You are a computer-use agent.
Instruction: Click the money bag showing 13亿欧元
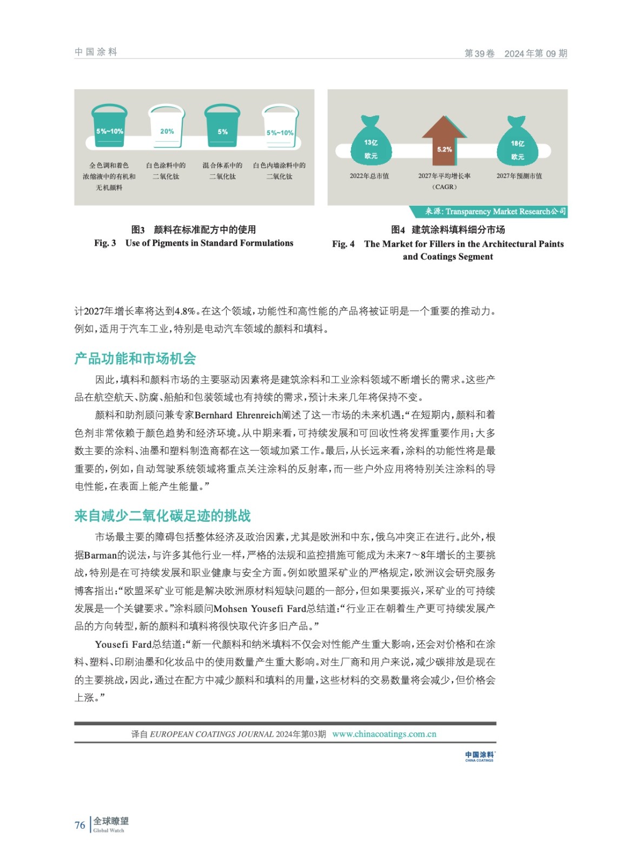(x=371, y=142)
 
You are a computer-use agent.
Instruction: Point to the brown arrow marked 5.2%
(x=445, y=142)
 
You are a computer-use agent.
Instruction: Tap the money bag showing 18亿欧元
(x=517, y=143)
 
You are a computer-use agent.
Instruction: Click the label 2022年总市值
(x=369, y=176)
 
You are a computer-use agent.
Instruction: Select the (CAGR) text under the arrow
(x=445, y=187)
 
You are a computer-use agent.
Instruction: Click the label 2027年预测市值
(x=519, y=176)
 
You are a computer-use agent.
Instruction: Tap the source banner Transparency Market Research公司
(x=495, y=212)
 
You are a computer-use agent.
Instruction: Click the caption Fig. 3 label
(x=105, y=243)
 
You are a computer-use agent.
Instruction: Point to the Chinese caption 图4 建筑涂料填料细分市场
(x=448, y=229)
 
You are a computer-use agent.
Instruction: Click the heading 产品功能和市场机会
(x=135, y=358)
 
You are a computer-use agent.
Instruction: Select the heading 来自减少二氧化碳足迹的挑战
(x=163, y=516)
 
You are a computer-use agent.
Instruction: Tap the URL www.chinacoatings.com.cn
(x=384, y=734)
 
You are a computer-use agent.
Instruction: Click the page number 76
(x=80, y=825)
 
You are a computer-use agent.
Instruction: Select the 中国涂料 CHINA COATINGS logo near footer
(x=479, y=756)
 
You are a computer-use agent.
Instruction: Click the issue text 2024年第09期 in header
(x=535, y=54)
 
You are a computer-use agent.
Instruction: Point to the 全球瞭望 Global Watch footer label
(x=111, y=824)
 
